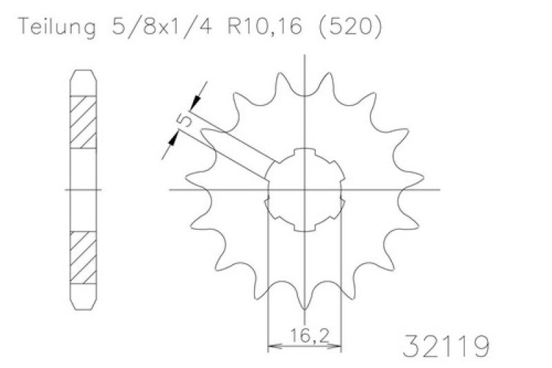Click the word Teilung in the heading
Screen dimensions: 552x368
coord(57,27)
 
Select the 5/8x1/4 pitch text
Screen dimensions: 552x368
coord(162,26)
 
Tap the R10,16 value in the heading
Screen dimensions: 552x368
coord(265,26)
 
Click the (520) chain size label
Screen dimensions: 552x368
coord(350,26)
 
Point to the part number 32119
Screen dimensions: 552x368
coord(446,346)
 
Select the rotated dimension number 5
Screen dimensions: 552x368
coord(184,119)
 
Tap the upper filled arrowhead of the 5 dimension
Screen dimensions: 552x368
coord(195,102)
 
